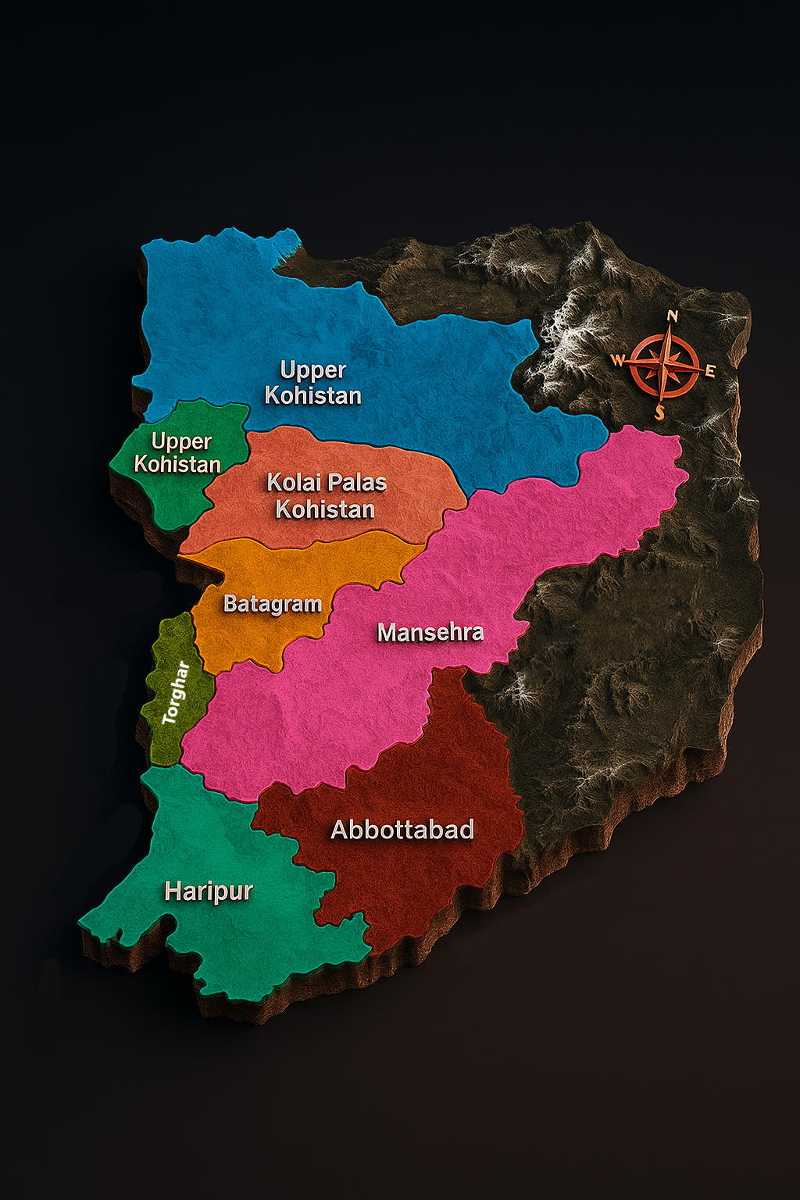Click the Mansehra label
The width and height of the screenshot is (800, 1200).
tap(430, 632)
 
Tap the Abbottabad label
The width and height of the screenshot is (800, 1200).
tap(402, 830)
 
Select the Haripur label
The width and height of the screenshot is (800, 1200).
tap(209, 891)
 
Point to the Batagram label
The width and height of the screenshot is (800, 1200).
tap(273, 604)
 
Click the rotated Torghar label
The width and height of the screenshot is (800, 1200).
tap(176, 693)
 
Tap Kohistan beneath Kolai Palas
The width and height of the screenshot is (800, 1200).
tap(325, 510)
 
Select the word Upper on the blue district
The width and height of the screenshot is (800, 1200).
tap(312, 370)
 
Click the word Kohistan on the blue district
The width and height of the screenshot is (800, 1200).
tap(312, 396)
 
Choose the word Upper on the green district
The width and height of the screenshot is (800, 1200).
tap(181, 441)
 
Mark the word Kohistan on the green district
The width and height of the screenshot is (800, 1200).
tap(177, 465)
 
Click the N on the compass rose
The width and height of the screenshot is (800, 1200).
tap(673, 316)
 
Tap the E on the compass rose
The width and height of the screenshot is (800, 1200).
tap(710, 371)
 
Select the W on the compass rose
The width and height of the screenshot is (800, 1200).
tap(617, 360)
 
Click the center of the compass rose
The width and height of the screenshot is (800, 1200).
tap(665, 365)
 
